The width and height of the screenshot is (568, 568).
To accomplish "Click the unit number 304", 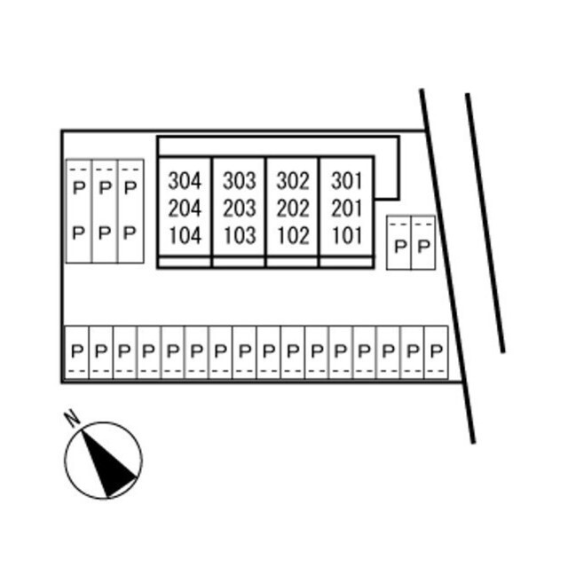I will coord(185,181).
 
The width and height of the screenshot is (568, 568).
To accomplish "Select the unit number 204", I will coord(185,209).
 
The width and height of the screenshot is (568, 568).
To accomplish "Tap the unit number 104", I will coord(185,236).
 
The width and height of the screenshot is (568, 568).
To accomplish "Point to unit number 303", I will coord(239,181).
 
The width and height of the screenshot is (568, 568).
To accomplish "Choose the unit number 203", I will coord(239,209).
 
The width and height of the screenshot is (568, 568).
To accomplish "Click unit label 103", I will coord(239,236).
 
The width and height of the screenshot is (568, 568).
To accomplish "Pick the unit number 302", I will coord(293,181).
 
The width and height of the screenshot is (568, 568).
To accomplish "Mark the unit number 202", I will coord(293,209).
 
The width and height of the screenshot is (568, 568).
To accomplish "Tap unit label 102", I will coord(293,236).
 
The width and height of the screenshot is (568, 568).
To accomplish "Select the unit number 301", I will coord(347,181).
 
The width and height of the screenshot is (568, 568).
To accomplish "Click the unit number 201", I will coord(347,209).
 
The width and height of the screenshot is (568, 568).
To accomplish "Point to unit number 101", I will coord(347,236).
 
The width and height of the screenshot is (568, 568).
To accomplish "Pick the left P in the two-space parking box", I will coord(399,246).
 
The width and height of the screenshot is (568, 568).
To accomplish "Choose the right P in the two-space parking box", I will coord(423,246).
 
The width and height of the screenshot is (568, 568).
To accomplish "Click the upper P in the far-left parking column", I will coord(78,187).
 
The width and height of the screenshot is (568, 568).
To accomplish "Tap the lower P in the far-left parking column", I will coord(78,233).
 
